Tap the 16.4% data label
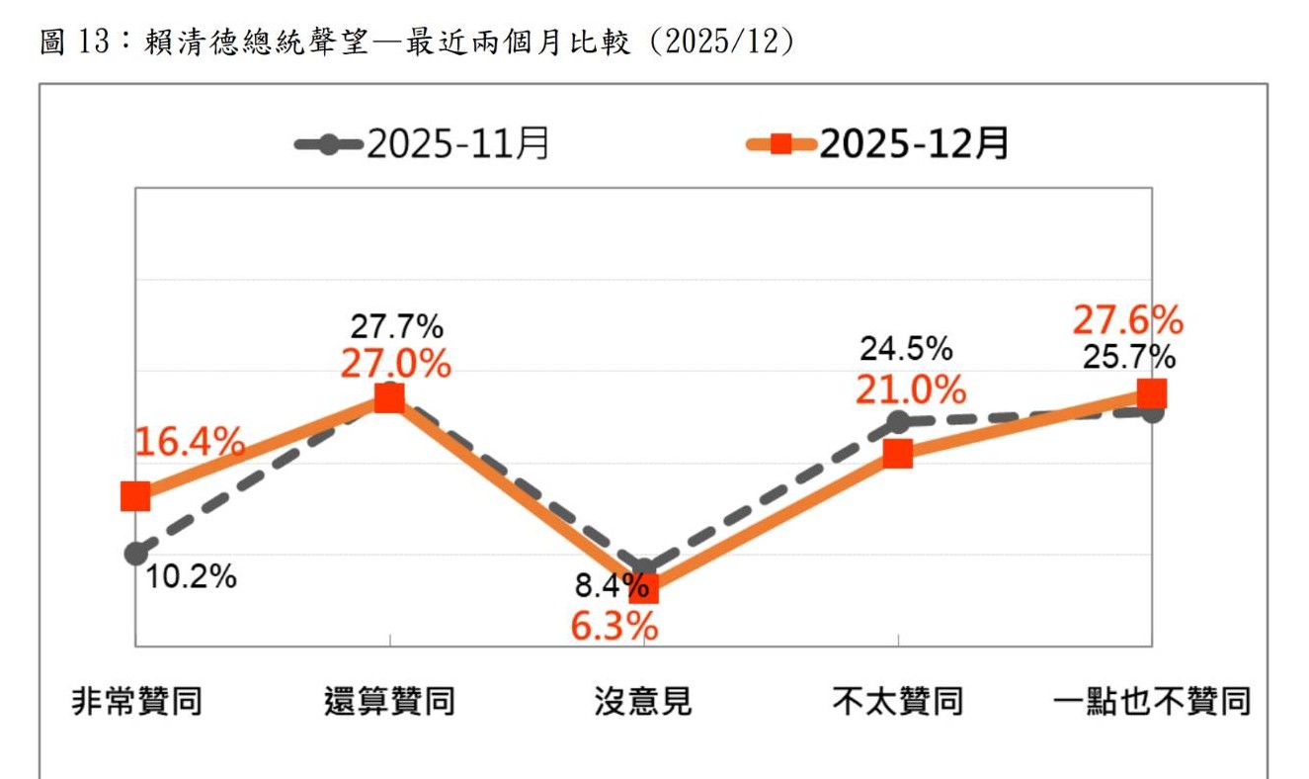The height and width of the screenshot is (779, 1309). click(189, 443)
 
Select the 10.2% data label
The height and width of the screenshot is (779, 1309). click(191, 576)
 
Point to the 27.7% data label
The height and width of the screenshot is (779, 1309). click(396, 326)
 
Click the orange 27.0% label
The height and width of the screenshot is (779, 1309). click(395, 364)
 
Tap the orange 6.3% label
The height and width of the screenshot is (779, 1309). click(614, 625)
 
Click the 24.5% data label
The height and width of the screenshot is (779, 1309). click(906, 349)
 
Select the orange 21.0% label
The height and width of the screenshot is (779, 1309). click(910, 389)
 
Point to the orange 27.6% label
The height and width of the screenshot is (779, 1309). click(1127, 320)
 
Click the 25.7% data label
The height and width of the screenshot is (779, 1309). click(1128, 356)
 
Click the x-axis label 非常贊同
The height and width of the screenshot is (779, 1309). click(137, 702)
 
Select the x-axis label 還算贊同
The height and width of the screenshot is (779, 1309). click(389, 702)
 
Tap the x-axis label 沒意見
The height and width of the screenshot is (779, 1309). click(643, 702)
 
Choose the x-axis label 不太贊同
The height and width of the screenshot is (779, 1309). click(897, 702)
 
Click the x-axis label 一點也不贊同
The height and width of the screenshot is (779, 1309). click(1152, 702)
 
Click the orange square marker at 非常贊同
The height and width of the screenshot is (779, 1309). click(135, 496)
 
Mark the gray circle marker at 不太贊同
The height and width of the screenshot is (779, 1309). click(897, 423)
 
